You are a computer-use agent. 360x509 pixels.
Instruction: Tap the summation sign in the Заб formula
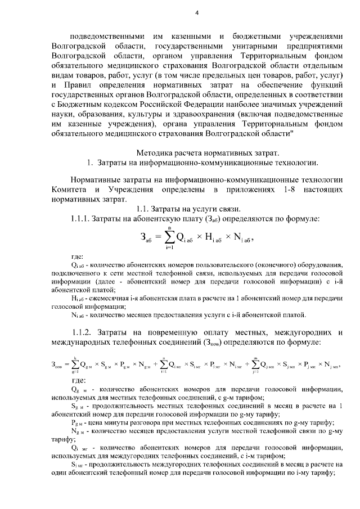point(168,238)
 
